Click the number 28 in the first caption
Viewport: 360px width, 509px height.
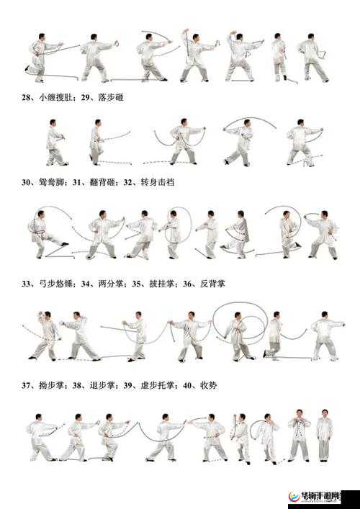(x=26, y=96)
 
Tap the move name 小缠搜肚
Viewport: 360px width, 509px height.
(x=55, y=96)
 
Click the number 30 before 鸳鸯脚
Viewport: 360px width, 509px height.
(x=26, y=183)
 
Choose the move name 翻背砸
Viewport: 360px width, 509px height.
(x=101, y=183)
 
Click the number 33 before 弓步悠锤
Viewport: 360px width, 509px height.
(x=26, y=284)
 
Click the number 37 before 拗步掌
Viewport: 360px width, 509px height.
(x=26, y=385)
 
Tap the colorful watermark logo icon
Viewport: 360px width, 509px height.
(x=294, y=498)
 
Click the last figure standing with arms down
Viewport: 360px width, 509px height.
(x=324, y=436)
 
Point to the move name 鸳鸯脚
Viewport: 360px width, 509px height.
(x=55, y=183)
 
